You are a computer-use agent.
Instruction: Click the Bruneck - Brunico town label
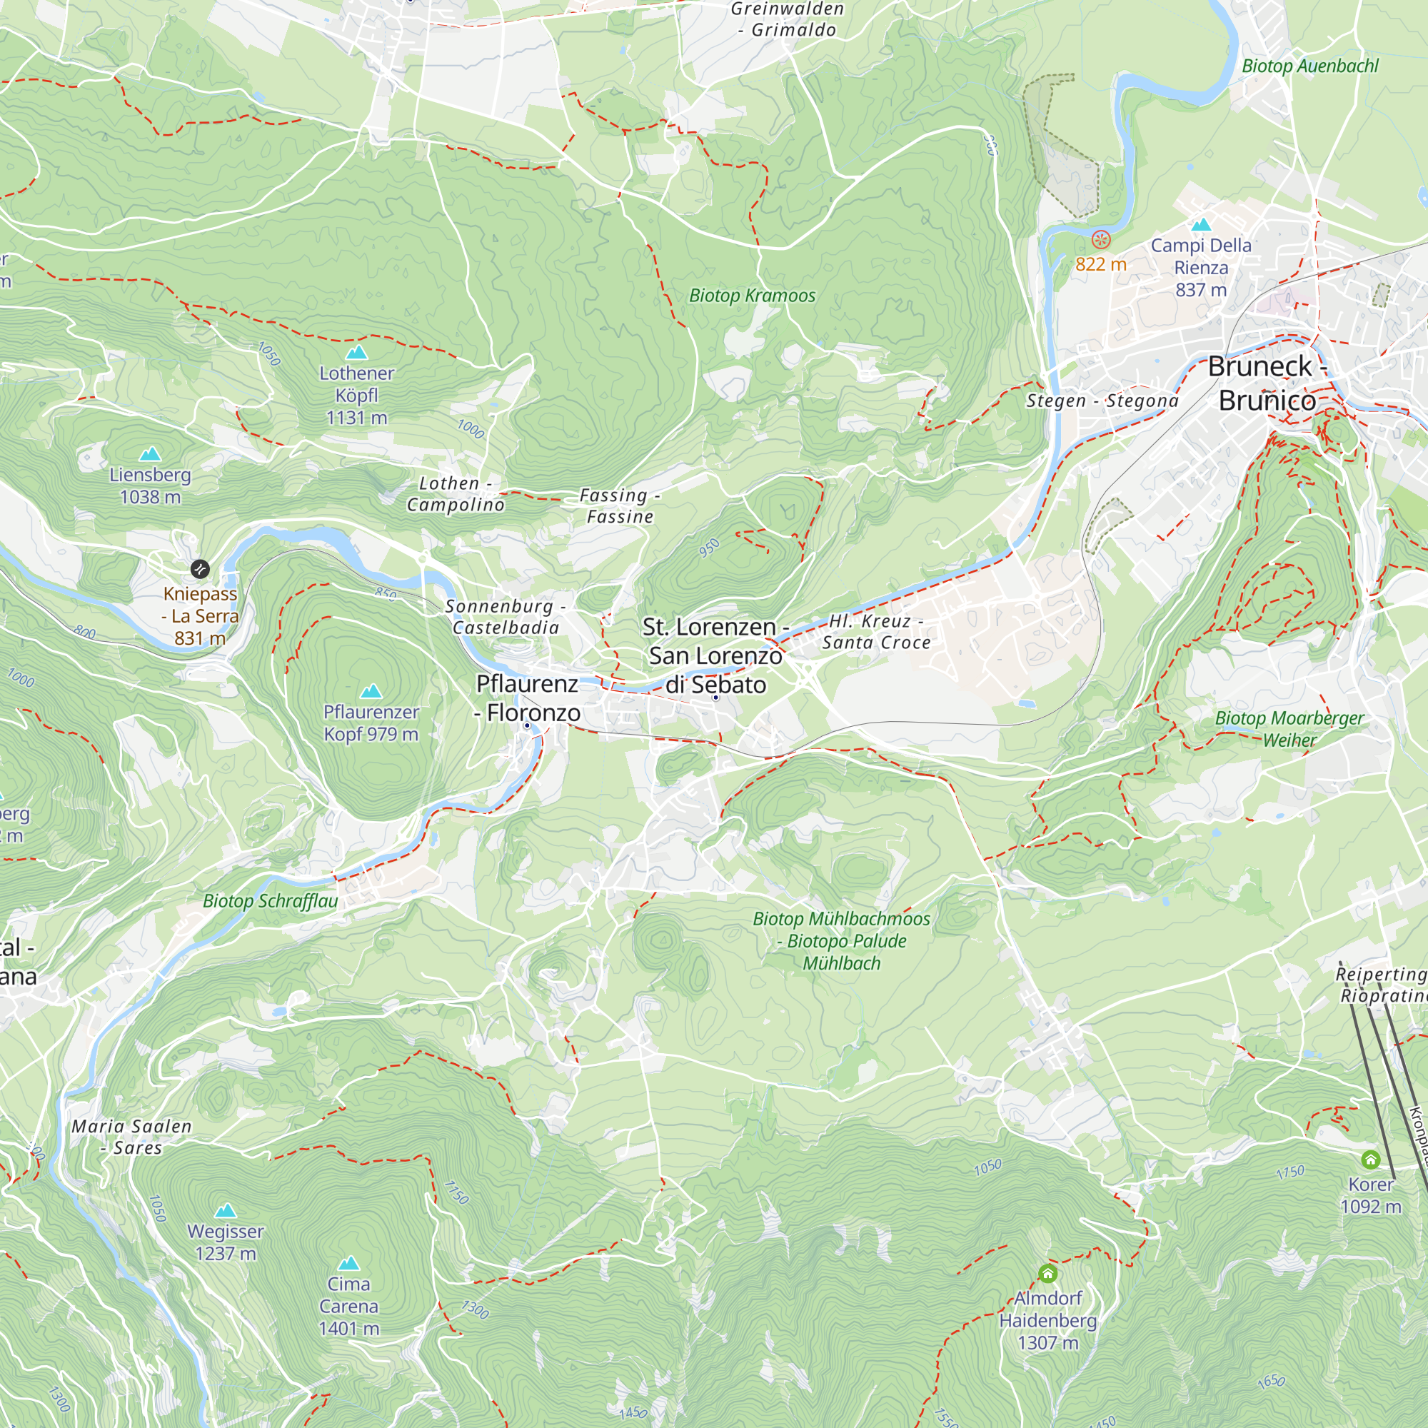pos(1267,383)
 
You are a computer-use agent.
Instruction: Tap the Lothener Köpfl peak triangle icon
pos(357,353)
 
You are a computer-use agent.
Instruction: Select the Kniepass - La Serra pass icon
pos(201,569)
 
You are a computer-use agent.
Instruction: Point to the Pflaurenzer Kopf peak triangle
pos(371,692)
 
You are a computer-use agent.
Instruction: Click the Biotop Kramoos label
pos(752,296)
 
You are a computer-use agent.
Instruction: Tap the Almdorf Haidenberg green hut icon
pos(1047,1273)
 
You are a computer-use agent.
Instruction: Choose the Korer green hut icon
pos(1370,1159)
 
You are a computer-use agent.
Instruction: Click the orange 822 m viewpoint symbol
pos(1101,239)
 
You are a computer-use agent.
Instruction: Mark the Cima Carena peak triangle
pos(348,1263)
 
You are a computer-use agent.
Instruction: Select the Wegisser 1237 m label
pos(226,1242)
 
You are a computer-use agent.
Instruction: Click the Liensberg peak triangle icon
pos(150,454)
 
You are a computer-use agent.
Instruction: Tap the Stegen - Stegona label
pos(1102,401)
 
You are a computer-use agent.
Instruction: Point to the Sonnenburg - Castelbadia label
pos(506,616)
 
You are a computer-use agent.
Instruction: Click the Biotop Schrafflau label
pos(271,901)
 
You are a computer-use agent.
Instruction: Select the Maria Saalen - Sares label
pos(131,1137)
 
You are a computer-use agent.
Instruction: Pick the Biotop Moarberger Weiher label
pos(1289,729)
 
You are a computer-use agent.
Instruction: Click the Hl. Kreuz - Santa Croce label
pos(876,632)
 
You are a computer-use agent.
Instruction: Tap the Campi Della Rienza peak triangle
pos(1201,225)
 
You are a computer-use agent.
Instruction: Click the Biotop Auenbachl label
pos(1309,66)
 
